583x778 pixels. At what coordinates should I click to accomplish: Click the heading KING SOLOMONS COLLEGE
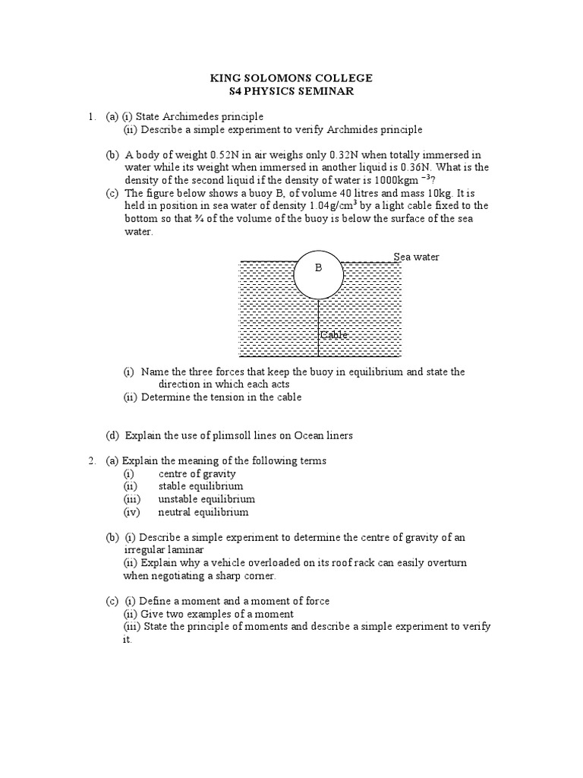click(291, 78)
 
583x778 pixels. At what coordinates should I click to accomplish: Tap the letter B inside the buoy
click(319, 268)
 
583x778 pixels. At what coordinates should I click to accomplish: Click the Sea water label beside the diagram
click(416, 257)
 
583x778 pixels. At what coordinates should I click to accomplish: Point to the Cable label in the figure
click(333, 335)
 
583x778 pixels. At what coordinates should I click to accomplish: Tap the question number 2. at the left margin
click(91, 460)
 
